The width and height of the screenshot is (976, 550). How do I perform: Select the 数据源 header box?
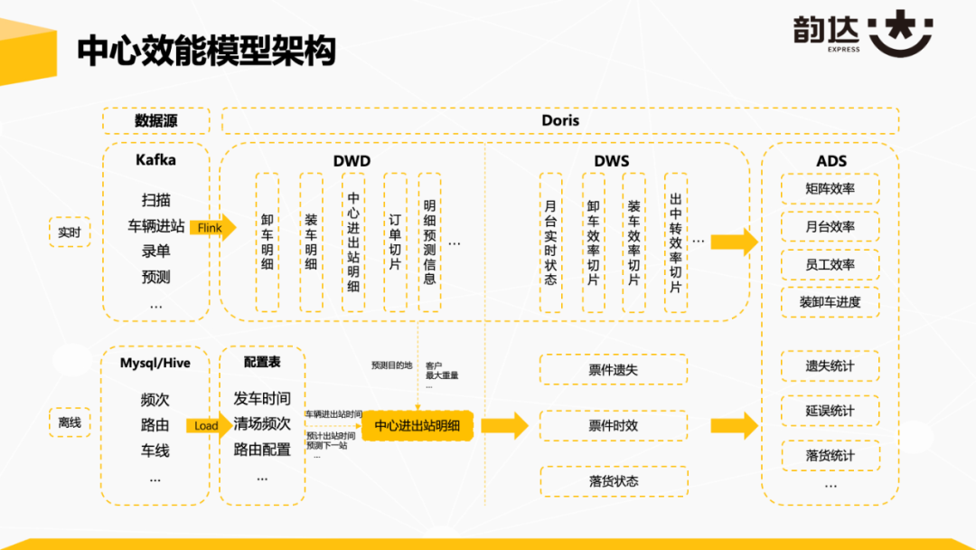pos(156,120)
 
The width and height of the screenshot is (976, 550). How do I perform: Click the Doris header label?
pos(560,120)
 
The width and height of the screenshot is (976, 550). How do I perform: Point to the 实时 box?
pos(69,232)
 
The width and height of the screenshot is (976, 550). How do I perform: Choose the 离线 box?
pos(69,422)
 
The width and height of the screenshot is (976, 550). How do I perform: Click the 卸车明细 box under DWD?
pos(268,243)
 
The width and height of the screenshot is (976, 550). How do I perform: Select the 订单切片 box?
pos(395,243)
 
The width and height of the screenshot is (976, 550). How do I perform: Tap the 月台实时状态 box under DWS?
pos(551,243)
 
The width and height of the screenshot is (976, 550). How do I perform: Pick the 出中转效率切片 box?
pos(676,243)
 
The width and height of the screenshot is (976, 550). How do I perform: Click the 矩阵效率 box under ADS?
pos(831,189)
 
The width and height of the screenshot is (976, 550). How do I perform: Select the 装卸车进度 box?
pos(831,301)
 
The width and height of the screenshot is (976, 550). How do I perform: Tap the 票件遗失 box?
pos(614,369)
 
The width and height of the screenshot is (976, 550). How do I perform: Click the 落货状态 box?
pos(614,481)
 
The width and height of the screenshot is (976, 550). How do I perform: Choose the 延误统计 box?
pos(831,411)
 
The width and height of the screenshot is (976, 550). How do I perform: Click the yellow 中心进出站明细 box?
pos(418,425)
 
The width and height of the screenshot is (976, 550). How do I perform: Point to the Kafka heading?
pos(156,160)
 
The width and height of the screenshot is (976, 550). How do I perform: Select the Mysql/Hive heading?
pos(155,363)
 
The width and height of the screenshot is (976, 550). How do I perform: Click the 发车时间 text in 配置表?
pos(262,399)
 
